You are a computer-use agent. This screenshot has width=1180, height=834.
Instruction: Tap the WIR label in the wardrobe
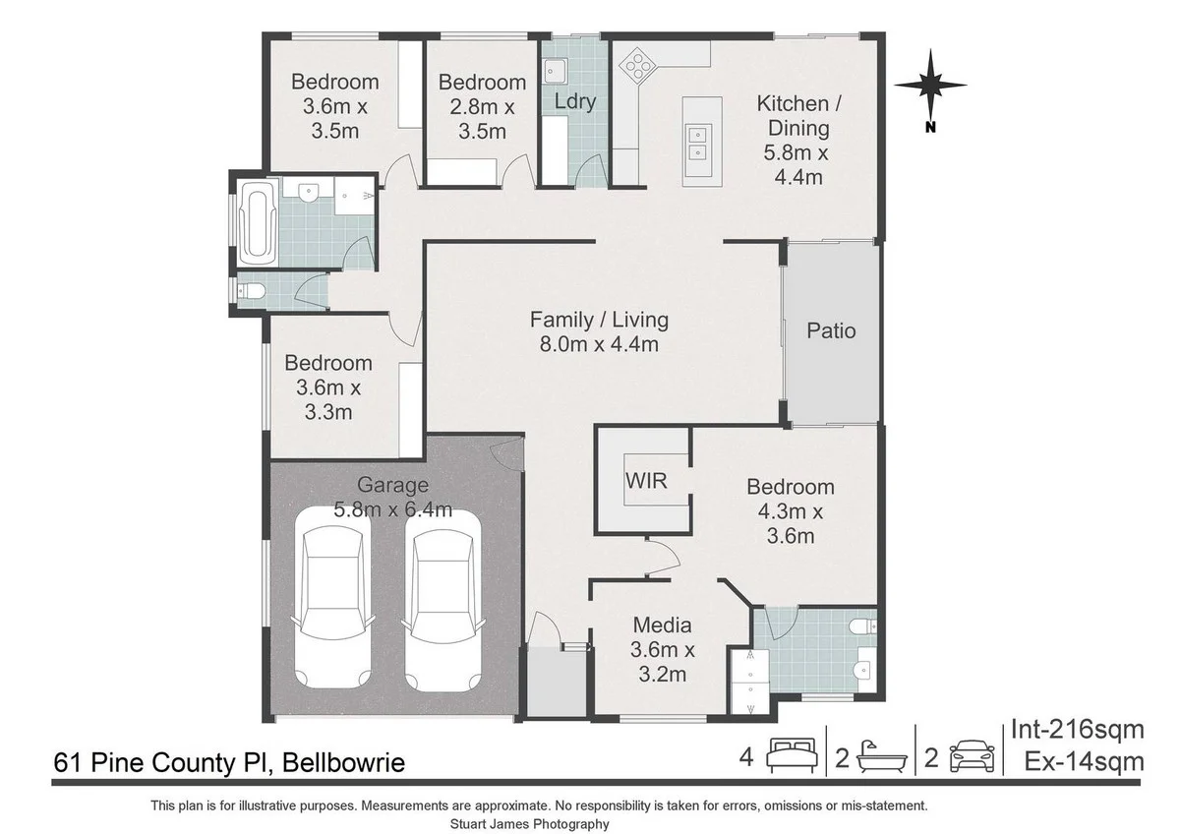click(646, 481)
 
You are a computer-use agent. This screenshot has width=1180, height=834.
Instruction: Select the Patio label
click(831, 330)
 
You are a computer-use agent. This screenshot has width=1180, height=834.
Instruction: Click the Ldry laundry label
click(575, 101)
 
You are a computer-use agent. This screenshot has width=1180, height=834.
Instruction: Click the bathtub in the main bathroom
click(259, 224)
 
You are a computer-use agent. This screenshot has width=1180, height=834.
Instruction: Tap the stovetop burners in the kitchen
click(636, 67)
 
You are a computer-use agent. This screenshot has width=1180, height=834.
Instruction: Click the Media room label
click(662, 649)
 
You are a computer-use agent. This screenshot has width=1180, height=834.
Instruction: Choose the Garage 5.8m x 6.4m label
click(392, 497)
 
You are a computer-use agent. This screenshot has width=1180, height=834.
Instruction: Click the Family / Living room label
click(599, 331)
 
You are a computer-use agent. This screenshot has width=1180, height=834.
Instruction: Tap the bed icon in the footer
click(792, 757)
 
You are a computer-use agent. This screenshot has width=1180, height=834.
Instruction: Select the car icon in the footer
click(972, 757)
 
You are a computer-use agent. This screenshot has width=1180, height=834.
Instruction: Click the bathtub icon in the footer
click(880, 757)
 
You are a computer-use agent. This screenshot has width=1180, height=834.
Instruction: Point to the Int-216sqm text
click(1078, 730)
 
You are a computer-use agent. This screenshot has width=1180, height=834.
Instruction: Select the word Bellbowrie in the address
click(343, 762)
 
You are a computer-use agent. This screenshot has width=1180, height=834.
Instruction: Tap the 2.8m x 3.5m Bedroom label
click(482, 106)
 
